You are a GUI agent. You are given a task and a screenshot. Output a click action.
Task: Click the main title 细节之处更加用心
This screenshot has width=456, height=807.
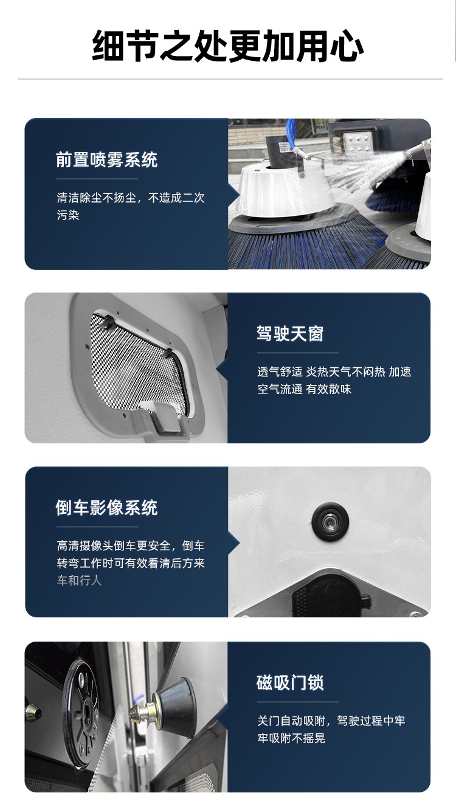227,46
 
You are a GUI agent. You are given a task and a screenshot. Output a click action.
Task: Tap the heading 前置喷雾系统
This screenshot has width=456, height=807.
106,159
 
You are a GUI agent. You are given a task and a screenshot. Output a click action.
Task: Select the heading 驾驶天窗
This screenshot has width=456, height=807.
290,334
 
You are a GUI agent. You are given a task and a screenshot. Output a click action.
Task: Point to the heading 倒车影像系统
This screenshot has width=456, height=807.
106,508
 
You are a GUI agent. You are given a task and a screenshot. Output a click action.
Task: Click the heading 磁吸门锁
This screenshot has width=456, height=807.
290,682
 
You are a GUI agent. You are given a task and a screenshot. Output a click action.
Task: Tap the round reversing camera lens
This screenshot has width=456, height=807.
330,522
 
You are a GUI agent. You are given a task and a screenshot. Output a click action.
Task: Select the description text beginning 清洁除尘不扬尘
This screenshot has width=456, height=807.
130,206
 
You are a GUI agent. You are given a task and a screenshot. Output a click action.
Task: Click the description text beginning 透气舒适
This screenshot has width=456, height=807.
334,381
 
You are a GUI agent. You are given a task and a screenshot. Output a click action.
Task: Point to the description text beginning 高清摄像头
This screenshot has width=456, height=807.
130,563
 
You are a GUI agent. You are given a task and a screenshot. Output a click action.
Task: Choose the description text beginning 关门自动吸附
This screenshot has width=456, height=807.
331,730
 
